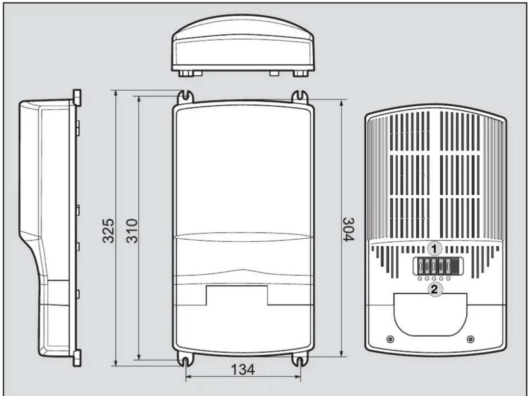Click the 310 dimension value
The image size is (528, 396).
coord(132,232)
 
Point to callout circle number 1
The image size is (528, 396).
coord(434,249)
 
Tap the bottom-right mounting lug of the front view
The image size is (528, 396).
coord(300,361)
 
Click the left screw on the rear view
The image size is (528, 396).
coord(390,339)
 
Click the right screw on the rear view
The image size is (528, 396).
coord(471,339)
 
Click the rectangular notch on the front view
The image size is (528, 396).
coord(237,295)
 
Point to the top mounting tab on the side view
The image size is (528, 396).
coord(77,97)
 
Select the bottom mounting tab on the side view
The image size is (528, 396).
coord(77,359)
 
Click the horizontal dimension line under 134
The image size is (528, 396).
coord(243,377)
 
